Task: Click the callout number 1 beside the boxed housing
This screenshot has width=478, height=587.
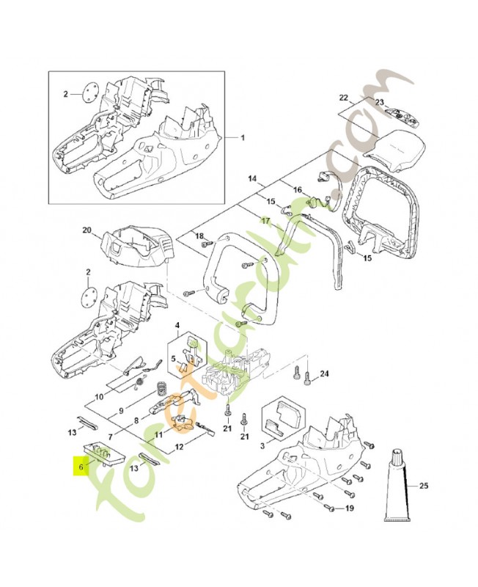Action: pyautogui.click(x=244, y=138)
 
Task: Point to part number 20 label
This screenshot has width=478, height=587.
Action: pyautogui.click(x=87, y=230)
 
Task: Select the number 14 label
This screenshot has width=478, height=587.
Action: pyautogui.click(x=252, y=178)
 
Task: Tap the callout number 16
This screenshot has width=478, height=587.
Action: pyautogui.click(x=298, y=190)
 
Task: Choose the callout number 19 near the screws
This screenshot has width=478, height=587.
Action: pyautogui.click(x=350, y=508)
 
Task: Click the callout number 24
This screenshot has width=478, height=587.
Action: pyautogui.click(x=325, y=373)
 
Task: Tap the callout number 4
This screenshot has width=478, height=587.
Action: pyautogui.click(x=177, y=325)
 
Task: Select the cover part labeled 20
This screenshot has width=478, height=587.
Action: pyautogui.click(x=135, y=250)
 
